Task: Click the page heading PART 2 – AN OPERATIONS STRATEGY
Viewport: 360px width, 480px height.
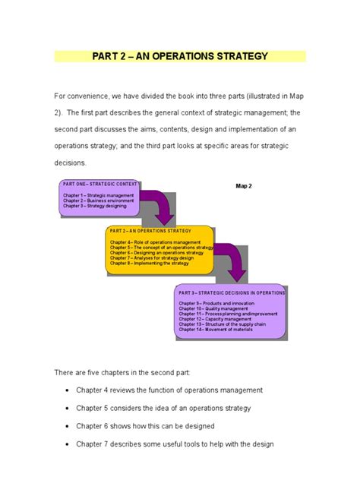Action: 180,56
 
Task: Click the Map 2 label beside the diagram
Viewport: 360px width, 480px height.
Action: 244,186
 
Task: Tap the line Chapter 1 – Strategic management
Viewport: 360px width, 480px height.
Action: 87,195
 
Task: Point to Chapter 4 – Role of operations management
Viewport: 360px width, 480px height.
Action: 148,242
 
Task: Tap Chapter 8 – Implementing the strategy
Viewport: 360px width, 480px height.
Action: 149,263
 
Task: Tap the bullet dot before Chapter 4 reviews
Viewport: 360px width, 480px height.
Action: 68,390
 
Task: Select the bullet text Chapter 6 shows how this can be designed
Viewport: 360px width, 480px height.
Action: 145,426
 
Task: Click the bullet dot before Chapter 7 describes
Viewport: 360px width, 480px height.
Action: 68,445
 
